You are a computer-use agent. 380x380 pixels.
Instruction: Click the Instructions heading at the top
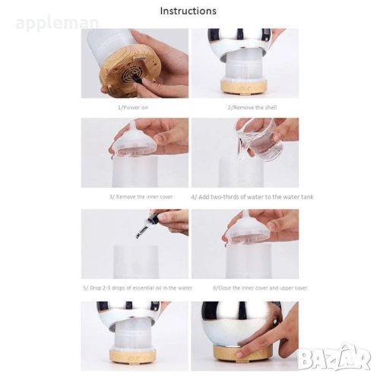pos(188,11)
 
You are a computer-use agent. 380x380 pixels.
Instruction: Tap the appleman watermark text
pos(57,24)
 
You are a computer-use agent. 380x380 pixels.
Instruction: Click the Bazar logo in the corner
pos(334,357)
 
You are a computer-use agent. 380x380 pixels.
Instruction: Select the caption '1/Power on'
pos(133,107)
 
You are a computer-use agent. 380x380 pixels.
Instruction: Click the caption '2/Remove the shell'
pos(252,107)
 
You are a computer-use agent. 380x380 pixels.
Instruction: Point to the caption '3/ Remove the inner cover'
pos(141,197)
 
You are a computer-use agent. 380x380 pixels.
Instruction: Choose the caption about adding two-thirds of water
pos(252,197)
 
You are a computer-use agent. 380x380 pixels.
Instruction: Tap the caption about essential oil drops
pos(138,288)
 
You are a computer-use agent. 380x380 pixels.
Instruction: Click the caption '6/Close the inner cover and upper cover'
pos(260,288)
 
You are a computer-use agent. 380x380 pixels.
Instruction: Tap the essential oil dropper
pos(150,223)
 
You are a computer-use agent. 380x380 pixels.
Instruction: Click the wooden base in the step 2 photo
pos(244,87)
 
